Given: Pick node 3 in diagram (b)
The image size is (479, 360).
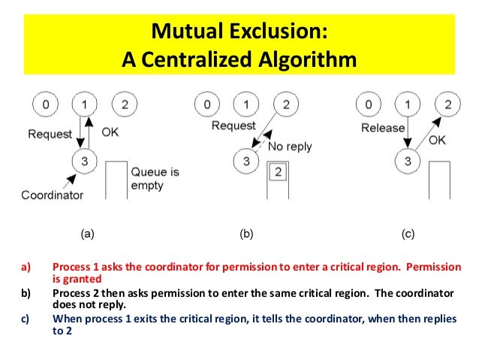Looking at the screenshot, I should pyautogui.click(x=244, y=160).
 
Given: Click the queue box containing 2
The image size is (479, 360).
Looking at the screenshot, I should pyautogui.click(x=276, y=172).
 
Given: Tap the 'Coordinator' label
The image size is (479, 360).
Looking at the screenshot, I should pyautogui.click(x=50, y=195).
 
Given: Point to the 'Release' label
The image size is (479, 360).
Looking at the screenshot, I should pyautogui.click(x=383, y=128).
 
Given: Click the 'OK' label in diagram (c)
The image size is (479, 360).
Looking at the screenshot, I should pyautogui.click(x=437, y=140).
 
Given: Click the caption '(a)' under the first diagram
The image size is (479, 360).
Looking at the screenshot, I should pyautogui.click(x=88, y=234).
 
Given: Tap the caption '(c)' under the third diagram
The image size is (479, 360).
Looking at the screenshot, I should pyautogui.click(x=408, y=234).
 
